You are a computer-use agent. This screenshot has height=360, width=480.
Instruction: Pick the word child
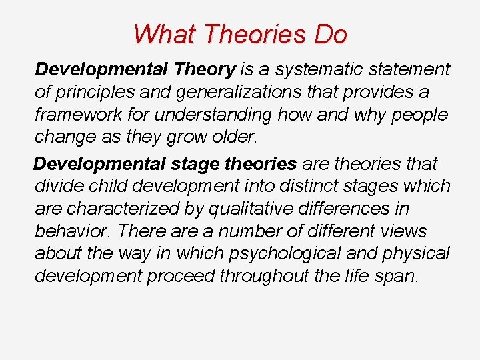pyautogui.click(x=108, y=186)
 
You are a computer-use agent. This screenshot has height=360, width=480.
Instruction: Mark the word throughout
pyautogui.click(x=267, y=277)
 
